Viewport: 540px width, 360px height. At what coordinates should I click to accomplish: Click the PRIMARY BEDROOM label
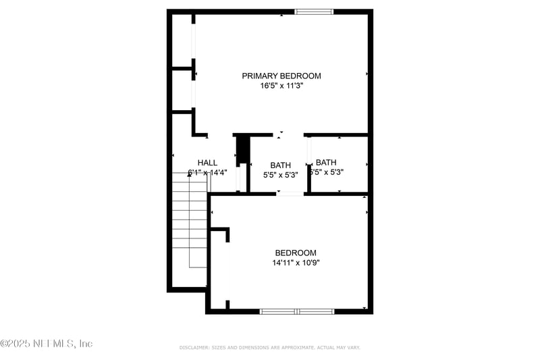[281, 76]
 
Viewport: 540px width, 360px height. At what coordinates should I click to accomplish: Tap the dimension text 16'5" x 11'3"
[281, 86]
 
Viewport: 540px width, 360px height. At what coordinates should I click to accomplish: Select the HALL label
[207, 163]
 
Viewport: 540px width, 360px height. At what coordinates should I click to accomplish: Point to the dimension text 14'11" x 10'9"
[296, 263]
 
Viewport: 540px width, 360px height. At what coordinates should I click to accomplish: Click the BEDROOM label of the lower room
[296, 253]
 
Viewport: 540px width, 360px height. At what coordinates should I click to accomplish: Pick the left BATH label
[280, 165]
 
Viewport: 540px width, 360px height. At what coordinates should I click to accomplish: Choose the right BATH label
[326, 162]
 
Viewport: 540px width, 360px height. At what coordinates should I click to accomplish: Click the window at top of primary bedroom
[315, 11]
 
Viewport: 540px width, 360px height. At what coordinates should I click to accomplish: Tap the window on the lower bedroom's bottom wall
[297, 311]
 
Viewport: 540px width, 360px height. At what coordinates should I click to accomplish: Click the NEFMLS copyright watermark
[46, 344]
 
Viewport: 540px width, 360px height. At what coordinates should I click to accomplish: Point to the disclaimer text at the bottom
[270, 347]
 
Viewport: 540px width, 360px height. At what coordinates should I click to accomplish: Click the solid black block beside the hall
[243, 149]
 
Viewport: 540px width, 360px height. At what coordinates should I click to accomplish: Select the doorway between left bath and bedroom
[290, 194]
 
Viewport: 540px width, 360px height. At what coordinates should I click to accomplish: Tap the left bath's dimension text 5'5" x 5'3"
[280, 175]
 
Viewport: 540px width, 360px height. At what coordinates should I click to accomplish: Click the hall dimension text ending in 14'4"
[207, 172]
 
